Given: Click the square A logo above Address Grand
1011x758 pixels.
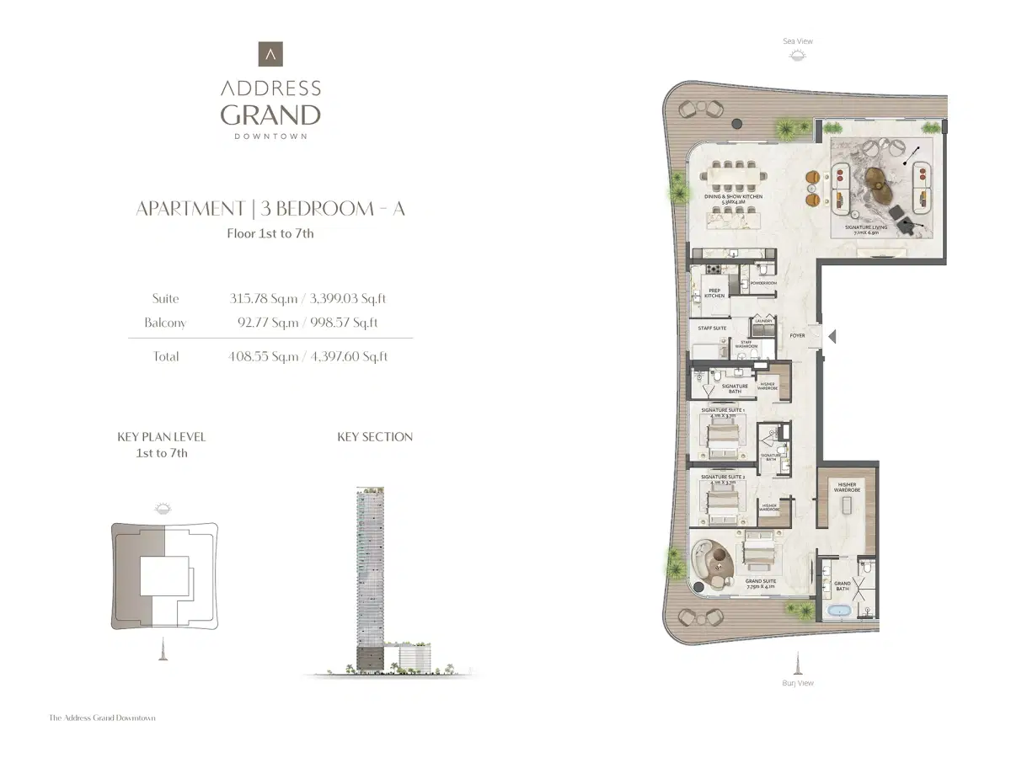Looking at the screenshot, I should [270, 54].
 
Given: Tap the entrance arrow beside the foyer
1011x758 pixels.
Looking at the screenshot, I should [832, 337].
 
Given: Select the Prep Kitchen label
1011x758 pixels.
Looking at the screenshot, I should [714, 293].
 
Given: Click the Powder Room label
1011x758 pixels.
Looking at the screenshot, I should [763, 284].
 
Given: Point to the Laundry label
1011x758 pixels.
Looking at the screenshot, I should [763, 320].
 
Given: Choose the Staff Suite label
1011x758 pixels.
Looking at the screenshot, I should [712, 328].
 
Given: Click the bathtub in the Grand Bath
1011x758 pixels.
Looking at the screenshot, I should [838, 611].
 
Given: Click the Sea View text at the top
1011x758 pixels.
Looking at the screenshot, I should [797, 41].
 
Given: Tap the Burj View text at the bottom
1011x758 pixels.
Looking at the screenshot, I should [797, 683].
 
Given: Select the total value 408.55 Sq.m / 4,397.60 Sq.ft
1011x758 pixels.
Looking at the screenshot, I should [308, 356].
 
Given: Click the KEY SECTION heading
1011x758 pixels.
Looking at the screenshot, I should [375, 436].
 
